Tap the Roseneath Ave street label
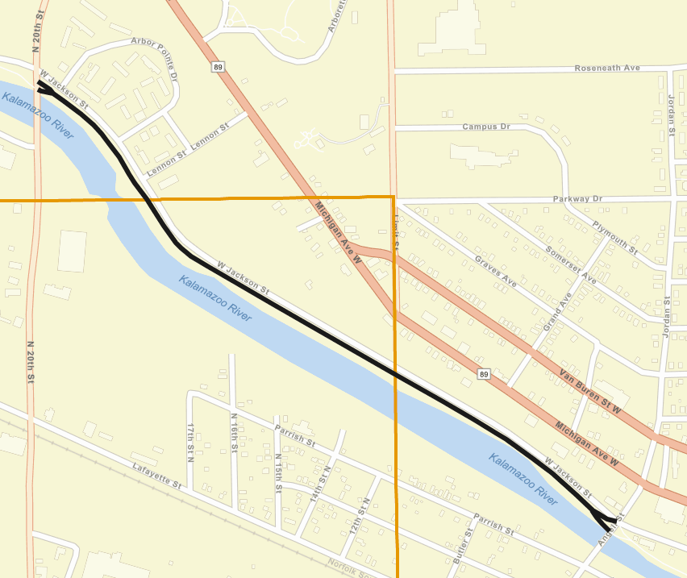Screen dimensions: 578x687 coord(607,69)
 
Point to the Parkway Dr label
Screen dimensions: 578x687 coord(577,199)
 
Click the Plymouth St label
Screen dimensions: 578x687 coord(614,238)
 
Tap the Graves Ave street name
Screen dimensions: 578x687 coord(496,272)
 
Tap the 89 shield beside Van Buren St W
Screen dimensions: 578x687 coord(483,374)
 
